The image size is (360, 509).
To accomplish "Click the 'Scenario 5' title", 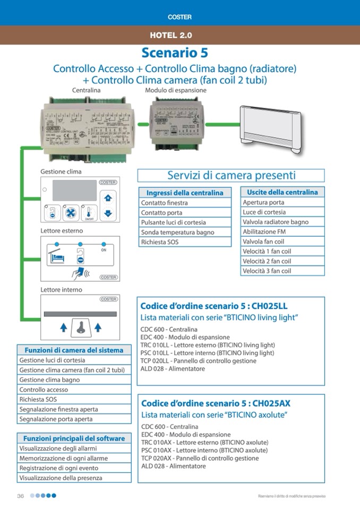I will point(175,53).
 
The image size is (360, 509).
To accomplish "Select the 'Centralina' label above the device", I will point(86,90).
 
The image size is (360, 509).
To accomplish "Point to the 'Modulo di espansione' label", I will point(176,90).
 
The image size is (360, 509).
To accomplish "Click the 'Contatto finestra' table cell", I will point(185,203).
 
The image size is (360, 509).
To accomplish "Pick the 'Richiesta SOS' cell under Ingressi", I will point(185,242).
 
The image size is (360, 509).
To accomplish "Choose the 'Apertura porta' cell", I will point(282,202).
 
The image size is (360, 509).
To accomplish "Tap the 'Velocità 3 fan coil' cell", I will point(282,271).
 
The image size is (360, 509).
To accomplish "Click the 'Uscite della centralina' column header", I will point(282,192).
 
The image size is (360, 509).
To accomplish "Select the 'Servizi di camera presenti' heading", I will point(231,175).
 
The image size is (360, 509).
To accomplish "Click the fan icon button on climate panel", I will point(71,212).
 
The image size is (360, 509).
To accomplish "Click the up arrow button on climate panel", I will point(108,198).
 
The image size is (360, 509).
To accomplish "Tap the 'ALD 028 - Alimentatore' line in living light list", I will point(173,369).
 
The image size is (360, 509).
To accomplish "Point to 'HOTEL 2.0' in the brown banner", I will point(170,36).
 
